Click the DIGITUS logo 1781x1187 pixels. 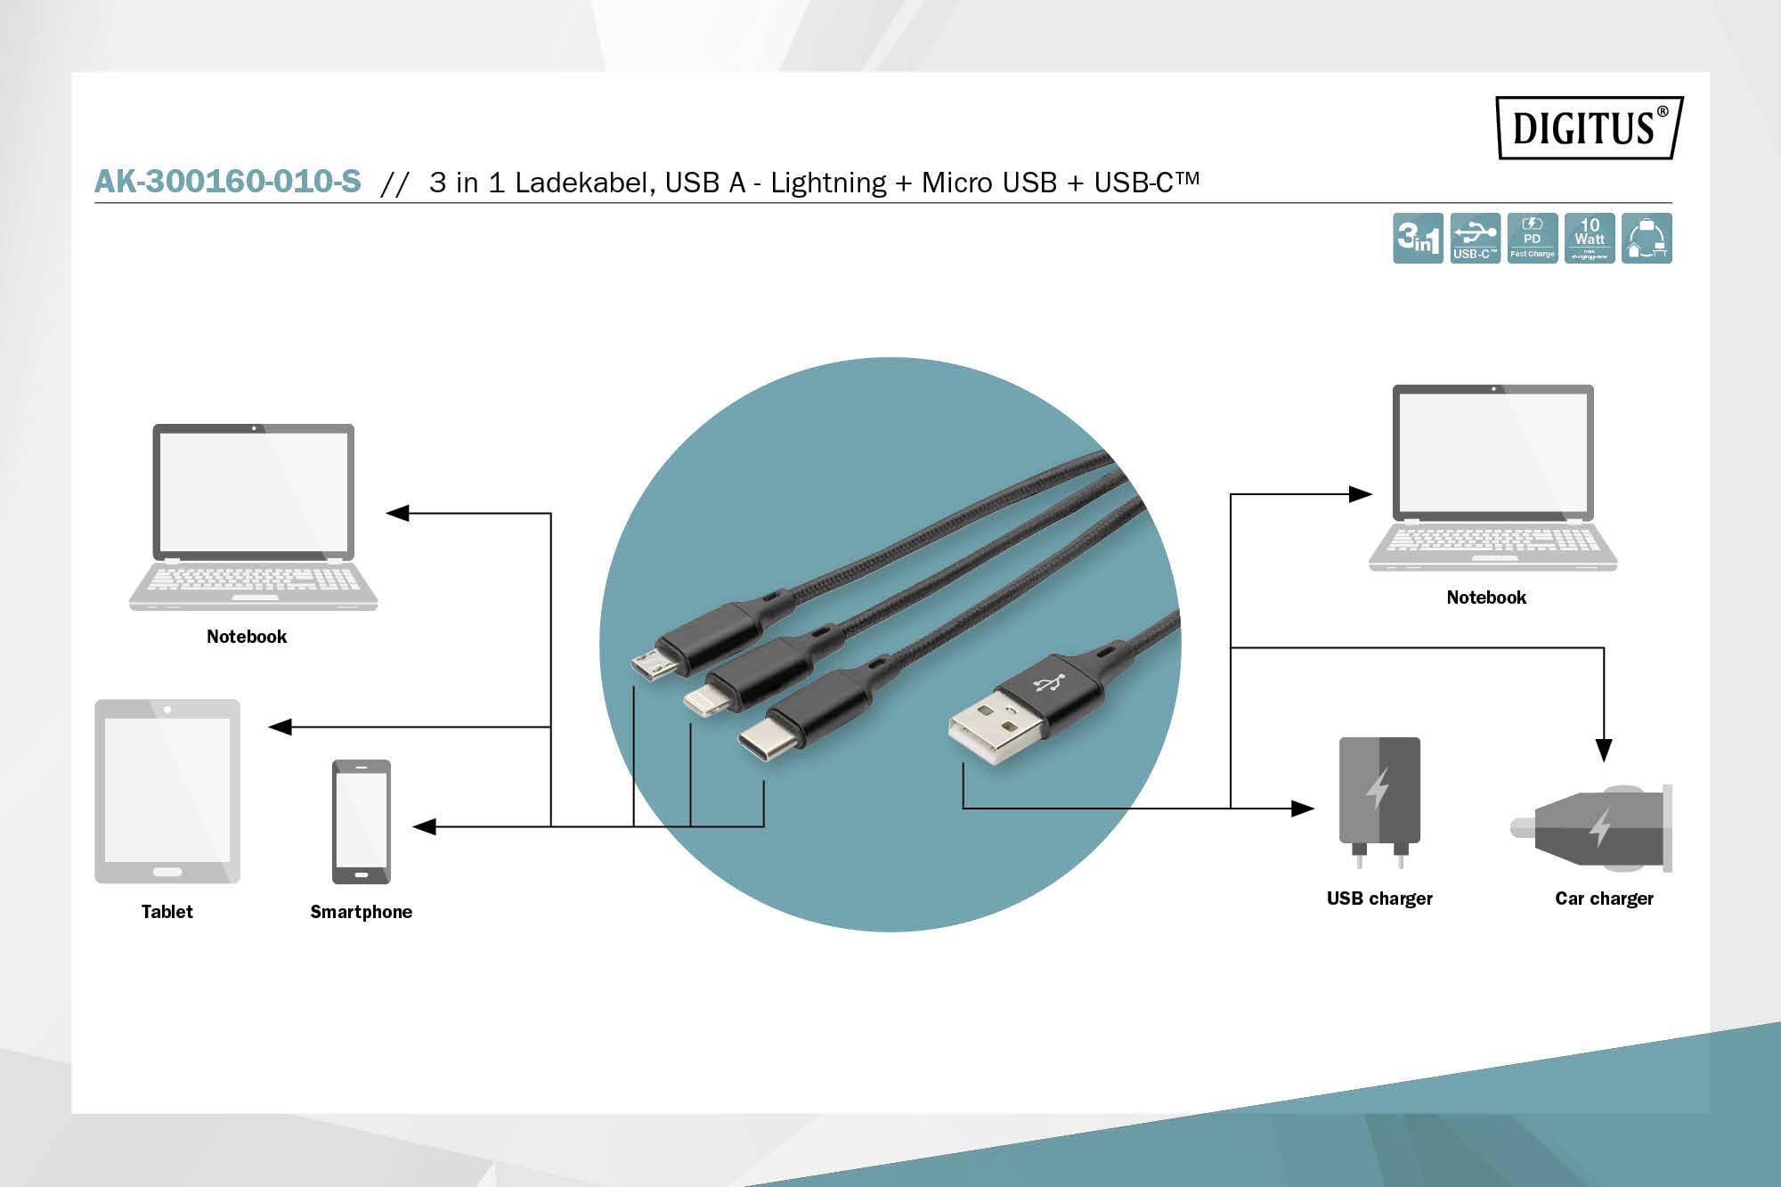coord(1589,127)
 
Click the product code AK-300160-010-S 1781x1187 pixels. coord(228,182)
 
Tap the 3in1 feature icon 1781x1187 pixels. coord(1418,239)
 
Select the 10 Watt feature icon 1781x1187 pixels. coord(1590,239)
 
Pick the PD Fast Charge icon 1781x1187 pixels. coord(1533,239)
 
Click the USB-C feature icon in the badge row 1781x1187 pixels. coord(1476,239)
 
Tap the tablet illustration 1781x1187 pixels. coord(167,792)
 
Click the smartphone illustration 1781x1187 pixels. coord(361,821)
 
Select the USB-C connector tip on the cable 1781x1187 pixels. coord(755,738)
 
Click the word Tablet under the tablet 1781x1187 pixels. coord(167,912)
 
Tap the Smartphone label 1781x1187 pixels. coord(361,912)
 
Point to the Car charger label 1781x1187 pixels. coord(1604,898)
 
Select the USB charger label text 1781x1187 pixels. coord(1379,898)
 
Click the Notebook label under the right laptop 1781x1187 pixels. coord(1486,598)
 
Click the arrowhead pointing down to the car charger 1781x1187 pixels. coord(1604,751)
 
